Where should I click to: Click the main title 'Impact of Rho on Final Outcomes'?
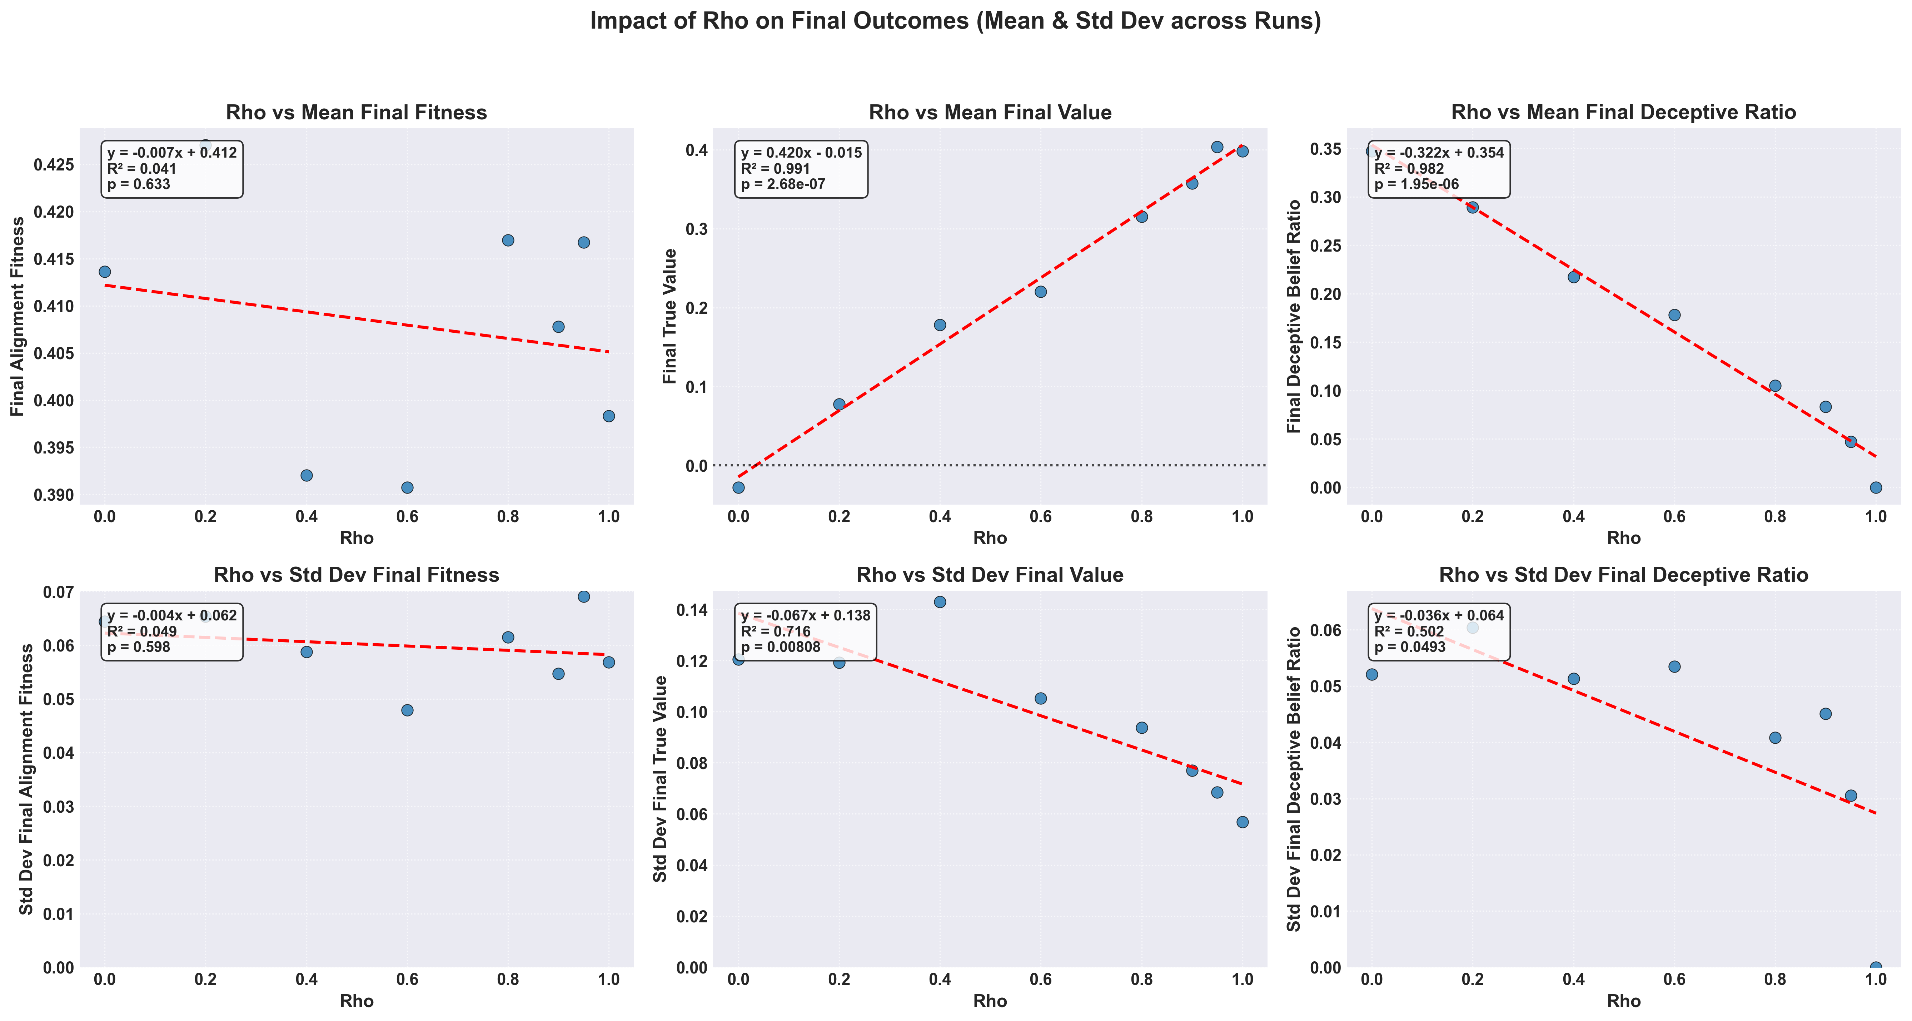click(x=955, y=21)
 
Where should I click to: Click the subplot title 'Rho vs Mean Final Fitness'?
click(x=356, y=113)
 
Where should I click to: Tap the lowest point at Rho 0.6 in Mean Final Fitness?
click(x=407, y=488)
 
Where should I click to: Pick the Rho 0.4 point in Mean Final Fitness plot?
click(x=307, y=475)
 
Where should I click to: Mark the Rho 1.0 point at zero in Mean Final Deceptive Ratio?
click(x=1876, y=488)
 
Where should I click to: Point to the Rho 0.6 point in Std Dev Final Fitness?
click(x=407, y=710)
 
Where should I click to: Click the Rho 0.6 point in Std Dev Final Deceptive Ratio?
click(x=1674, y=667)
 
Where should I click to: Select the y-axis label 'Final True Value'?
click(x=670, y=316)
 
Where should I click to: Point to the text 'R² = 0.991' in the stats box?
click(x=776, y=169)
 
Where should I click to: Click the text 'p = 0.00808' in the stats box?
click(x=781, y=647)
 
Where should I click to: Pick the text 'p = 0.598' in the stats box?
click(x=139, y=647)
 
